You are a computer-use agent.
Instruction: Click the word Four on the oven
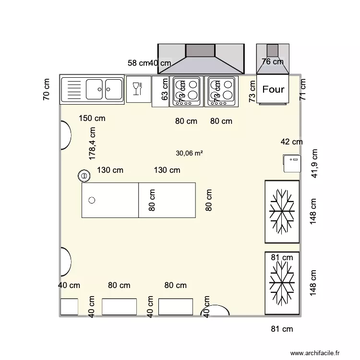tap(273, 89)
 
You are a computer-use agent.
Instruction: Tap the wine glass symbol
tap(137, 89)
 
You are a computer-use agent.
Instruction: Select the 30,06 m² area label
tap(189, 154)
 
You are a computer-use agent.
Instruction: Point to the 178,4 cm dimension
tap(93, 143)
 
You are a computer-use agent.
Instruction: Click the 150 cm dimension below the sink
tap(92, 119)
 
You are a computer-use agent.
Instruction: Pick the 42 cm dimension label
tap(292, 142)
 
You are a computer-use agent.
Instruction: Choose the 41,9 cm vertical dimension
tap(315, 163)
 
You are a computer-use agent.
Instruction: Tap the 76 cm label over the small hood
tap(272, 61)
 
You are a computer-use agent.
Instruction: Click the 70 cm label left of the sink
tap(47, 89)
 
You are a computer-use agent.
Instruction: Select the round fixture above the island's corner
tap(84, 176)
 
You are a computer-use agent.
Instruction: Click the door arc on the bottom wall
tap(219, 311)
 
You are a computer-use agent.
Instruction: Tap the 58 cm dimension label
tap(138, 63)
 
